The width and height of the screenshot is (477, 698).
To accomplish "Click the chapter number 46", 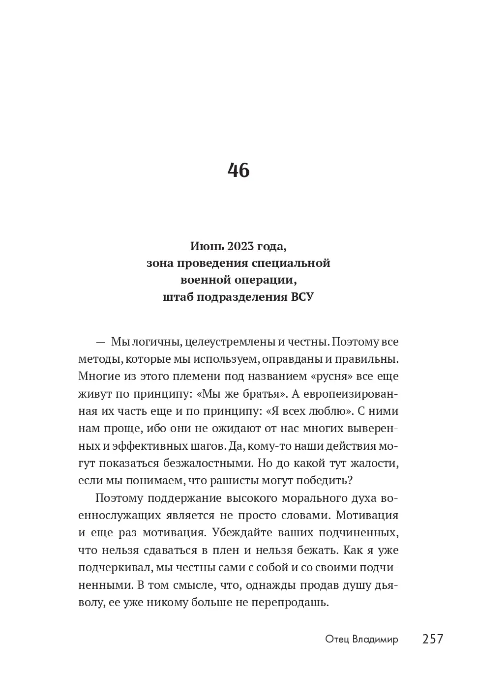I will coord(238,170).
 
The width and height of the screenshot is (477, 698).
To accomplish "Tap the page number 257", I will coord(433,639).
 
